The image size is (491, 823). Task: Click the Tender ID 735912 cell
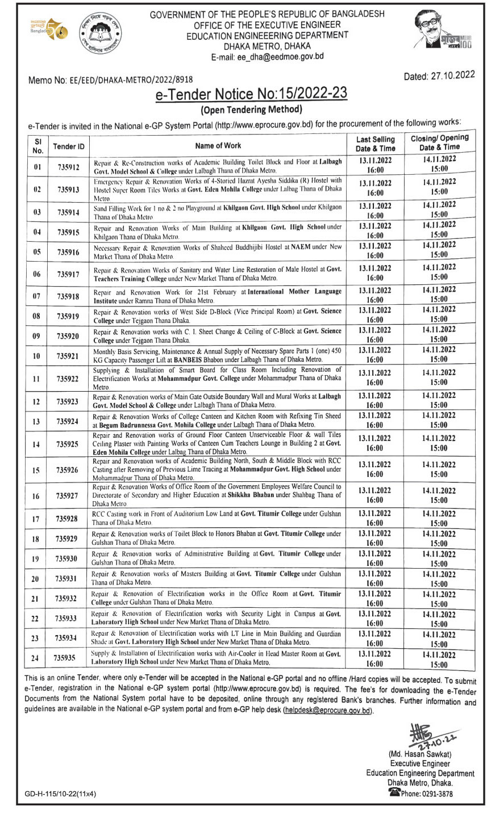69,167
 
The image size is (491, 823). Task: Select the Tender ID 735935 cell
69,658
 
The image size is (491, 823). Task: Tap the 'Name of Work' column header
218,146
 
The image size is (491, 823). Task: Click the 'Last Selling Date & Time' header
376,144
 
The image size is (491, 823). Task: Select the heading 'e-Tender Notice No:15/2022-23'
251,94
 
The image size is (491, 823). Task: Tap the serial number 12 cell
36,402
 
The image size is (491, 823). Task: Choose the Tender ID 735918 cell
69,296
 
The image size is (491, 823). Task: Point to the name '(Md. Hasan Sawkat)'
421,754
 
